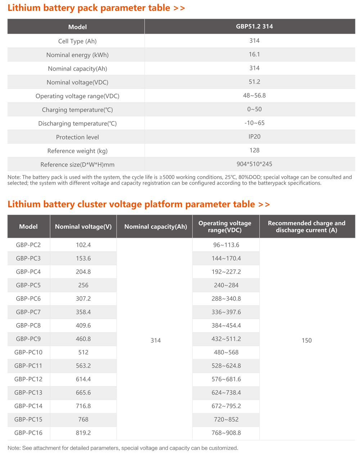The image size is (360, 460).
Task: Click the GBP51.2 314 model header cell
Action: (254, 26)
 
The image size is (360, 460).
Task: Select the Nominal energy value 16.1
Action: (254, 54)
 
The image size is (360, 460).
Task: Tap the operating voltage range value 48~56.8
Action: (254, 95)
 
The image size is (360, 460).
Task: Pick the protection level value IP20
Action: (254, 137)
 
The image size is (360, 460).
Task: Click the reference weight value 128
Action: (254, 150)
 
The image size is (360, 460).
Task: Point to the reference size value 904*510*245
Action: (254, 164)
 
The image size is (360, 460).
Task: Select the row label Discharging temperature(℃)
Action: (77, 124)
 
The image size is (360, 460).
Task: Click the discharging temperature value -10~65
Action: (254, 123)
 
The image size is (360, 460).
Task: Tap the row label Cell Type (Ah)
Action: (77, 41)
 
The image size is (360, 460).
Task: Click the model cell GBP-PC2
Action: (28, 245)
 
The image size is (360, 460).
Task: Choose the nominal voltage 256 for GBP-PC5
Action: (83, 285)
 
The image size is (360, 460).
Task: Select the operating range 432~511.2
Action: (226, 339)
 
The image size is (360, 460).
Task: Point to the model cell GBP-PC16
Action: (28, 433)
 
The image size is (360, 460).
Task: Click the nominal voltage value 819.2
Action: (83, 433)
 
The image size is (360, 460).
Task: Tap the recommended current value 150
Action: (307, 340)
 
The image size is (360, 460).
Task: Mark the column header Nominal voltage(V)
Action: (83, 227)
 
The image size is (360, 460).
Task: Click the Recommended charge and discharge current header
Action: (307, 227)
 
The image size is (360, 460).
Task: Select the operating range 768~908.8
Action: (226, 433)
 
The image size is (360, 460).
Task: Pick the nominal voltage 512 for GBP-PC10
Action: (83, 352)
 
